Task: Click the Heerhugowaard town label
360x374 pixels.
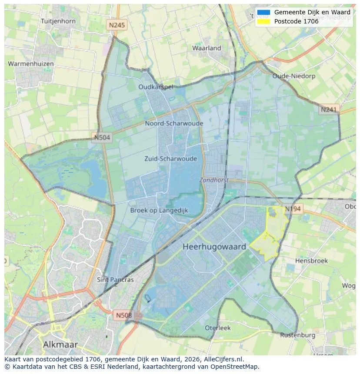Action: coord(214,247)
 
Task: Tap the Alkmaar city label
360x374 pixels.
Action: coord(60,344)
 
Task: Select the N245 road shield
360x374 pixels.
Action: coord(117,25)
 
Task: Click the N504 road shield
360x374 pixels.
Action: coord(103,138)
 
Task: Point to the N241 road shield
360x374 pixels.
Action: coord(329,110)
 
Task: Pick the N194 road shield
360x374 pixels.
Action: coord(293,209)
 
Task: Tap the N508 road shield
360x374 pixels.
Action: coord(124,315)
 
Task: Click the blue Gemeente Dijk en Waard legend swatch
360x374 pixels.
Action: coord(263,12)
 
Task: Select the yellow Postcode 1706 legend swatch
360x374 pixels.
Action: coord(263,21)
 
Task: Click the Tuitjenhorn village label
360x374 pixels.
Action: coord(58,21)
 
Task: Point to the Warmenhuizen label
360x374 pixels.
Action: coord(31,64)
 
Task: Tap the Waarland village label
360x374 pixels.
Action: coord(207,48)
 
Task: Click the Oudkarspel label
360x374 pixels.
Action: coord(156,87)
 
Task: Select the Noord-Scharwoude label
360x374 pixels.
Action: coord(174,123)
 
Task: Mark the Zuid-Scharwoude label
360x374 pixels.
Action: coord(170,159)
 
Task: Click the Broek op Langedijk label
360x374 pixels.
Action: coord(159,210)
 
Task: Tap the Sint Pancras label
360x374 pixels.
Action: coord(115,280)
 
